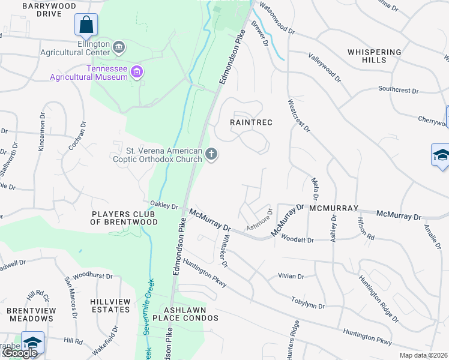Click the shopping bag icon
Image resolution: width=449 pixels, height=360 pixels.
[x=86, y=25]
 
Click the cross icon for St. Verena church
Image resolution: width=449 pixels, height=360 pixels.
[x=211, y=155]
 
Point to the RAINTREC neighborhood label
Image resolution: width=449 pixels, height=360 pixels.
[x=252, y=122]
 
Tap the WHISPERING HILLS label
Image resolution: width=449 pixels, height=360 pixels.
[x=374, y=56]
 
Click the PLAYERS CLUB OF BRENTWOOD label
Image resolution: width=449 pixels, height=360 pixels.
[x=124, y=218]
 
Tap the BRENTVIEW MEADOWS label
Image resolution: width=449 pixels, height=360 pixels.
[x=32, y=314]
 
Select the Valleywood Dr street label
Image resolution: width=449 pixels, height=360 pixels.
[x=324, y=67]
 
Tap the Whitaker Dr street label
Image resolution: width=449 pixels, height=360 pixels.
[x=222, y=250]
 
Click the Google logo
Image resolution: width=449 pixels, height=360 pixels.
[x=19, y=353]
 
